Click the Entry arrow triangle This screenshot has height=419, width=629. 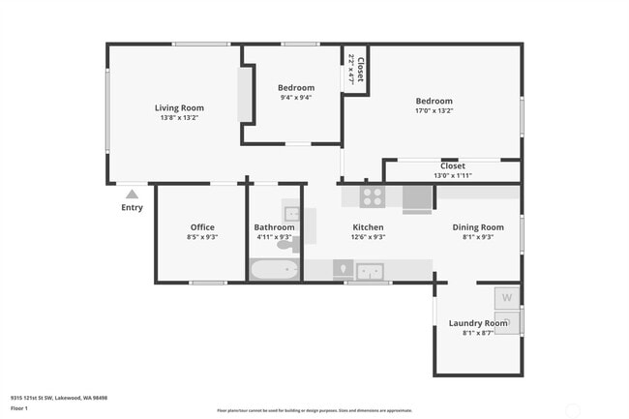point(132,194)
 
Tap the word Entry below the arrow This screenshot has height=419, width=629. point(132,207)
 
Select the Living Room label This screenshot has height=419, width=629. point(179,107)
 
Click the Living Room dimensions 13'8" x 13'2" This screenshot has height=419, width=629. point(179,118)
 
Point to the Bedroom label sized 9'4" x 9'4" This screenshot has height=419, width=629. point(297,88)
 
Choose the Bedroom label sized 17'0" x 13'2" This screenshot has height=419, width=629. point(434,101)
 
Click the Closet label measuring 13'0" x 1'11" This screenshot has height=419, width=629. point(453,165)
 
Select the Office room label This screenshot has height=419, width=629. point(202,227)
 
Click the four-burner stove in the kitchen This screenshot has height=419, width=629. point(373,197)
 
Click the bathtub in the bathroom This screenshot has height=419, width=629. point(275,269)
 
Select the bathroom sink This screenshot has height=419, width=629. point(292,214)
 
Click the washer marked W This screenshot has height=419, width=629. point(507,297)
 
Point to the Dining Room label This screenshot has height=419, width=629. point(479,227)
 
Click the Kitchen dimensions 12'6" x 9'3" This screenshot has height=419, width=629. point(368,237)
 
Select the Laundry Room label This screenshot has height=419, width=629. point(478,323)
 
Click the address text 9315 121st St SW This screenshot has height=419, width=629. point(38,397)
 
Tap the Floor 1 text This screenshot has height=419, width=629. point(20,408)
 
